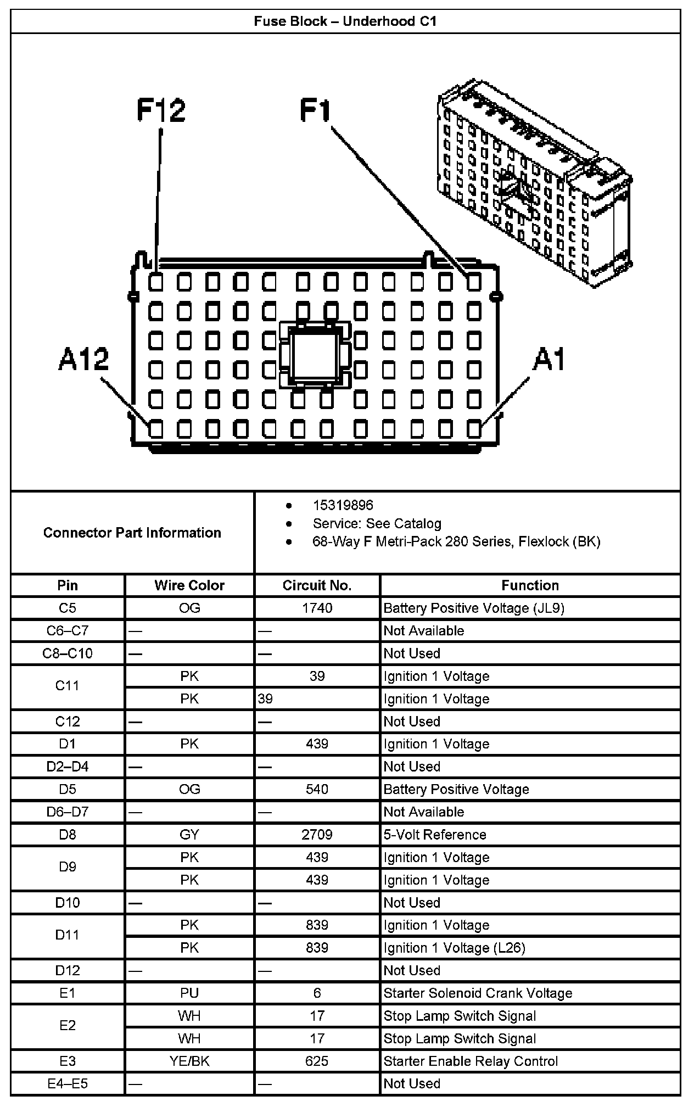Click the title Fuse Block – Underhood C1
345,21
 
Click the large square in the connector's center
315,354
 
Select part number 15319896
343,505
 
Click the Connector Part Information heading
132,533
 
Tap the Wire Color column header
189,585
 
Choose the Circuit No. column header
317,585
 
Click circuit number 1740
317,608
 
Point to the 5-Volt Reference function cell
435,835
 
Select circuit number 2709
317,835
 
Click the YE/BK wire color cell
189,1061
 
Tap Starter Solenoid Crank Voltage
478,993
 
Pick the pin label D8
68,835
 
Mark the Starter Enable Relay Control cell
471,1061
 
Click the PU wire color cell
189,993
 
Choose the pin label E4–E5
68,1083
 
